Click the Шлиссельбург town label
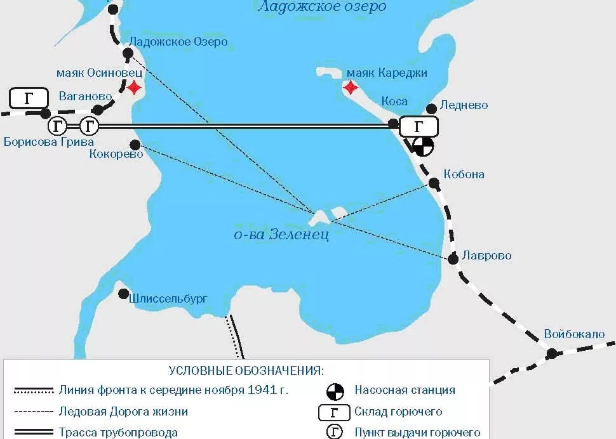click(169, 298)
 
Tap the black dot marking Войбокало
click(552, 353)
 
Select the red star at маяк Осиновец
click(134, 87)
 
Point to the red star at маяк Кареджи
click(351, 87)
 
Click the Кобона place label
click(464, 174)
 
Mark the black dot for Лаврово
click(453, 259)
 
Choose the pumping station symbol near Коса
click(423, 147)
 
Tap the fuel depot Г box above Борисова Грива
click(29, 98)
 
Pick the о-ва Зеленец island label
click(281, 235)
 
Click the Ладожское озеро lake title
click(321, 7)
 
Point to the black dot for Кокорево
click(135, 145)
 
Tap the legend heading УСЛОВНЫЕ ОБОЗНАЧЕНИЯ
click(246, 370)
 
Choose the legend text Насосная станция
click(405, 390)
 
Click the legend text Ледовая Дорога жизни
click(123, 411)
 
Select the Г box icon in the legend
click(335, 412)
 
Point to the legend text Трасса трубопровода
click(118, 432)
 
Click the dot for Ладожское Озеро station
click(127, 54)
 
